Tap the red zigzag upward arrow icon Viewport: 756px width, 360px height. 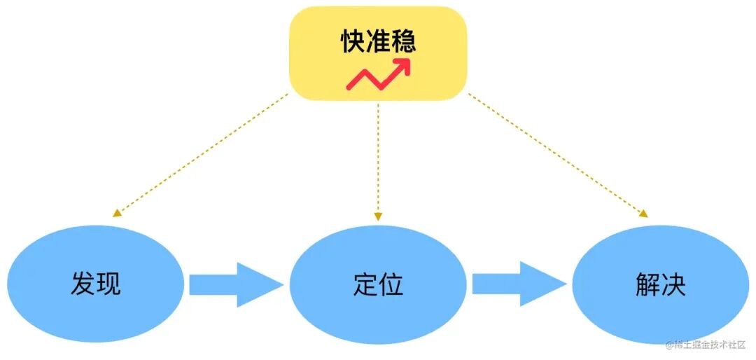point(379,76)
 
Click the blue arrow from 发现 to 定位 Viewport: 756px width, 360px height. point(234,285)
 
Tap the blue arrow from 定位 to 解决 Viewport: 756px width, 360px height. point(518,285)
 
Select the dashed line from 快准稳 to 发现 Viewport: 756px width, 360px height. point(203,154)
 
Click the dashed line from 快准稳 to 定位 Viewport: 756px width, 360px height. point(378,158)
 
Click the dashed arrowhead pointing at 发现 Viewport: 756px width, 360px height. point(117,214)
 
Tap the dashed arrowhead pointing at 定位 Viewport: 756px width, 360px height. point(378,216)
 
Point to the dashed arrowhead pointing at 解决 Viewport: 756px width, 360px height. point(642,214)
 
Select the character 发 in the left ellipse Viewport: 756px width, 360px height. point(83,284)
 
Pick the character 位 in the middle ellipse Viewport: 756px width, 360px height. point(391,284)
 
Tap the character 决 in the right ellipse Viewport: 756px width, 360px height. point(673,284)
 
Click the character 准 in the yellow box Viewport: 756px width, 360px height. point(379,41)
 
